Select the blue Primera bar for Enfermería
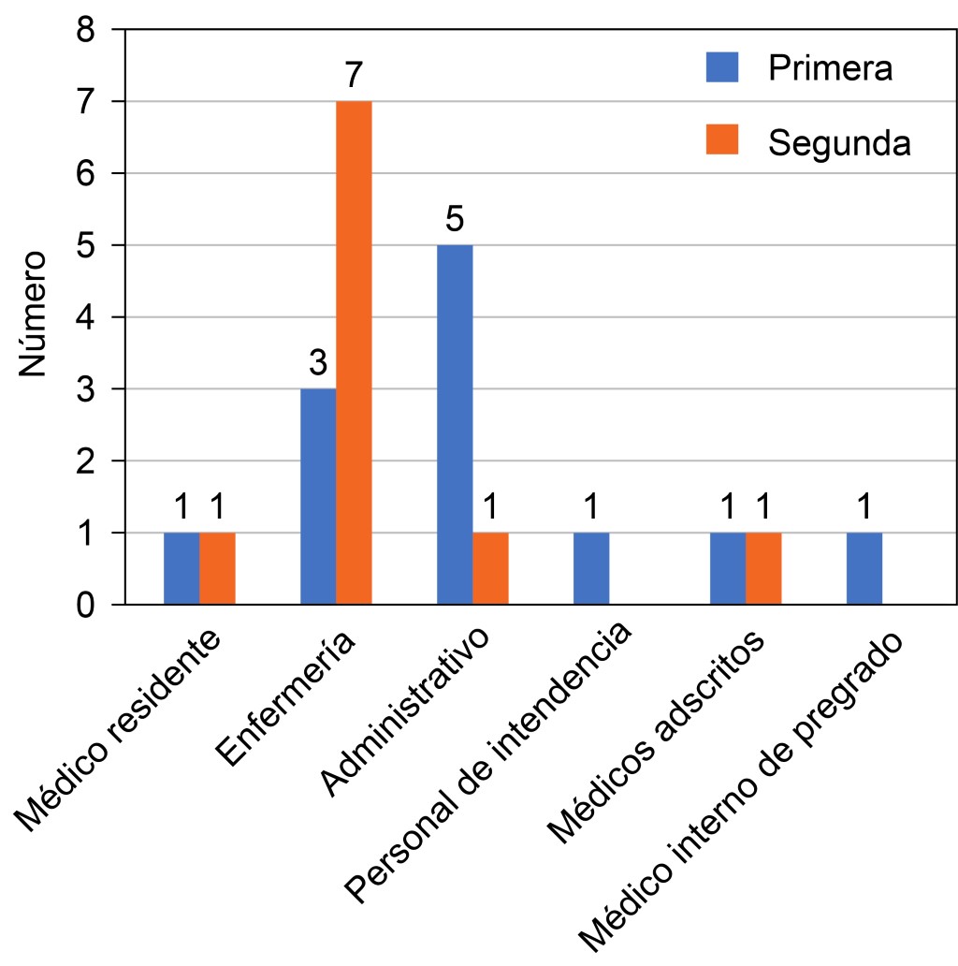(x=318, y=496)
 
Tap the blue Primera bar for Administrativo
(x=455, y=424)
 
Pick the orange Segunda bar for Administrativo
(x=490, y=568)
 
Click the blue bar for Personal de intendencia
(x=591, y=568)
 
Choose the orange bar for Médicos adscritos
(x=763, y=568)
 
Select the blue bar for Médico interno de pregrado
(x=864, y=568)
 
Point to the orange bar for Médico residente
(x=217, y=568)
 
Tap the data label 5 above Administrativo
(x=455, y=222)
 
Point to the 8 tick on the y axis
(x=85, y=29)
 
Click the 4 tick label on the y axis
(x=85, y=317)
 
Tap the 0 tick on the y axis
(x=85, y=605)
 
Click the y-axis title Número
(x=35, y=314)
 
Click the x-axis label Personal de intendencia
(x=486, y=767)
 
